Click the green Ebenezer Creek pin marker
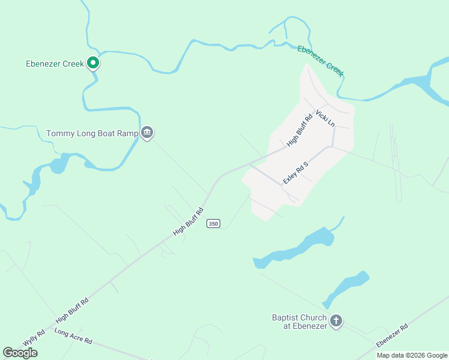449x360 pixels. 92,62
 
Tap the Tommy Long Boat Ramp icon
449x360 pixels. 147,133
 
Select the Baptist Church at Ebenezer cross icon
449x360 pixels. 336,321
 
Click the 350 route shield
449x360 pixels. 212,224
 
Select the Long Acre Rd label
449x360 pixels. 73,336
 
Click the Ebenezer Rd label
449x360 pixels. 392,335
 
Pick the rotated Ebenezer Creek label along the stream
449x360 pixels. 321,61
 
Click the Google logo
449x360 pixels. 20,353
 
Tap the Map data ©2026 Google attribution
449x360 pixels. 412,355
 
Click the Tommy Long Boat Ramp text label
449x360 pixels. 92,133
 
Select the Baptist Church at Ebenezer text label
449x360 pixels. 299,322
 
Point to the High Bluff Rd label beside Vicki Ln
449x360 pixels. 300,130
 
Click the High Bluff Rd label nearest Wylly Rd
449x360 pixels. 72,310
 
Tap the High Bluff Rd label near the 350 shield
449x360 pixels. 188,221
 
